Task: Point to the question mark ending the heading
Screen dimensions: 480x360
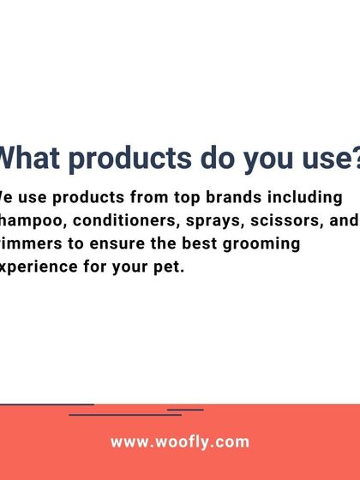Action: pos(350,159)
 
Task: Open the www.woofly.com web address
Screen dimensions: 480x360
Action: pos(180,442)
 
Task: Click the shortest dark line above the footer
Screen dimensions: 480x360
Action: pos(185,410)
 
